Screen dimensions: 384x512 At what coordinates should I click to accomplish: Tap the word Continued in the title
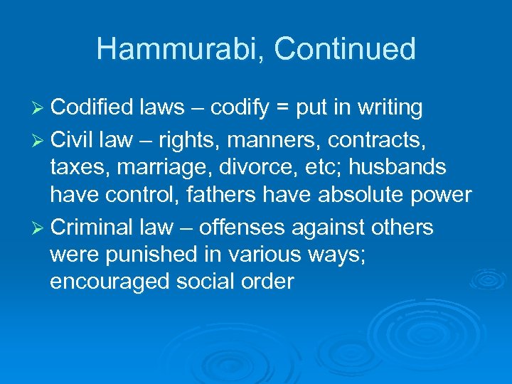(345, 50)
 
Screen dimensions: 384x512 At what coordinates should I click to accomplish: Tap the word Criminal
(90, 228)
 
